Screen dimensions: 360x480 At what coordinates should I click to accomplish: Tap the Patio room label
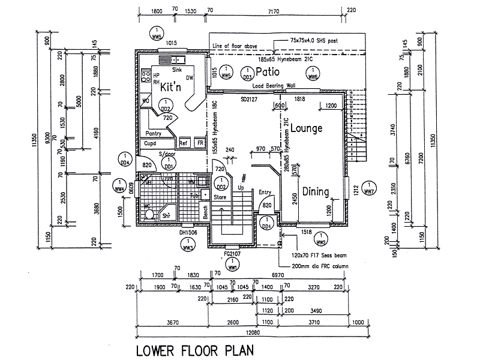pos(268,71)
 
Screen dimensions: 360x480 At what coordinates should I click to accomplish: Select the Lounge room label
pos(307,128)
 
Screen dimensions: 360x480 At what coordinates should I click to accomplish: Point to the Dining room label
pos(315,192)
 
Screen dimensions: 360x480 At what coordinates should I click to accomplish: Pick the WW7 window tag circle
pos(369,188)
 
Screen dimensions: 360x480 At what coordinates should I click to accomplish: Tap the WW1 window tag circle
pos(232,265)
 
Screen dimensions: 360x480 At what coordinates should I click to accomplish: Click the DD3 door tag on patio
pos(247,73)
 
